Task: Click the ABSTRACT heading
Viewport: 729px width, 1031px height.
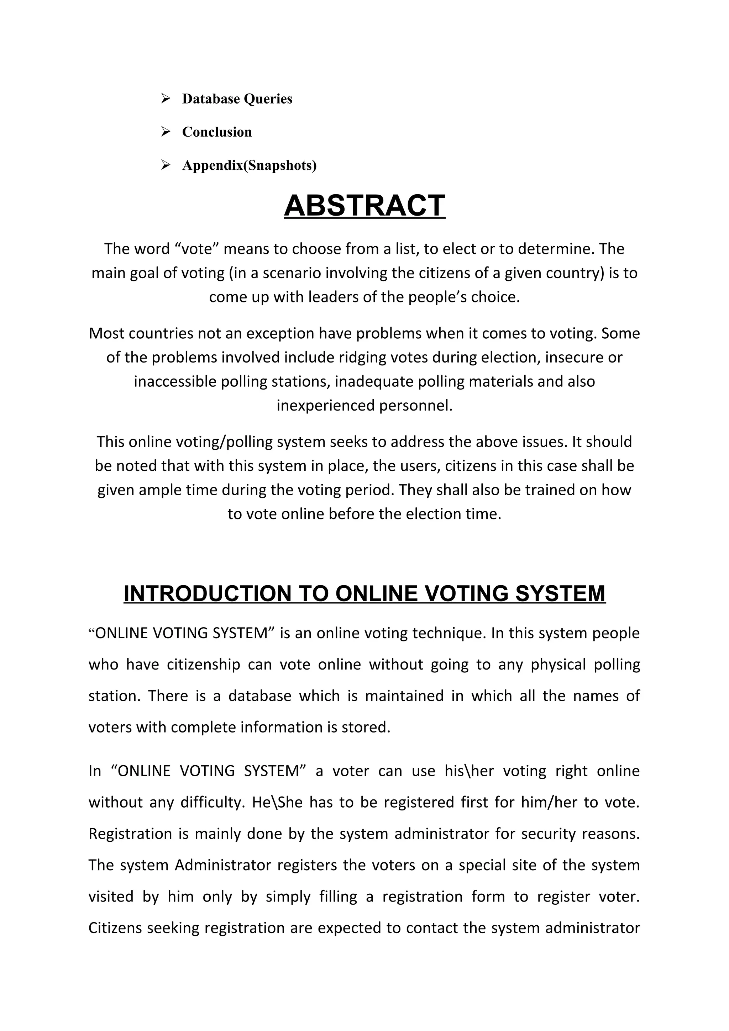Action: pyautogui.click(x=364, y=206)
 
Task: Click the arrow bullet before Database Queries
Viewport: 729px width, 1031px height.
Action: pyautogui.click(x=165, y=98)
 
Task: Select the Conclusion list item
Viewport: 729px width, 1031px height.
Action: pyautogui.click(x=216, y=132)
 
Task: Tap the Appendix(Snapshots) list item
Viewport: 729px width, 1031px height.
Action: pyautogui.click(x=249, y=166)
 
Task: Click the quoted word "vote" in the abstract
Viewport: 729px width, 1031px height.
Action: pyautogui.click(x=195, y=249)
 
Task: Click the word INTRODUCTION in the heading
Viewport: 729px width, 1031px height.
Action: pyautogui.click(x=206, y=594)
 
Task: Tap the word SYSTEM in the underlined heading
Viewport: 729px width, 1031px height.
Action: pyautogui.click(x=560, y=594)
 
